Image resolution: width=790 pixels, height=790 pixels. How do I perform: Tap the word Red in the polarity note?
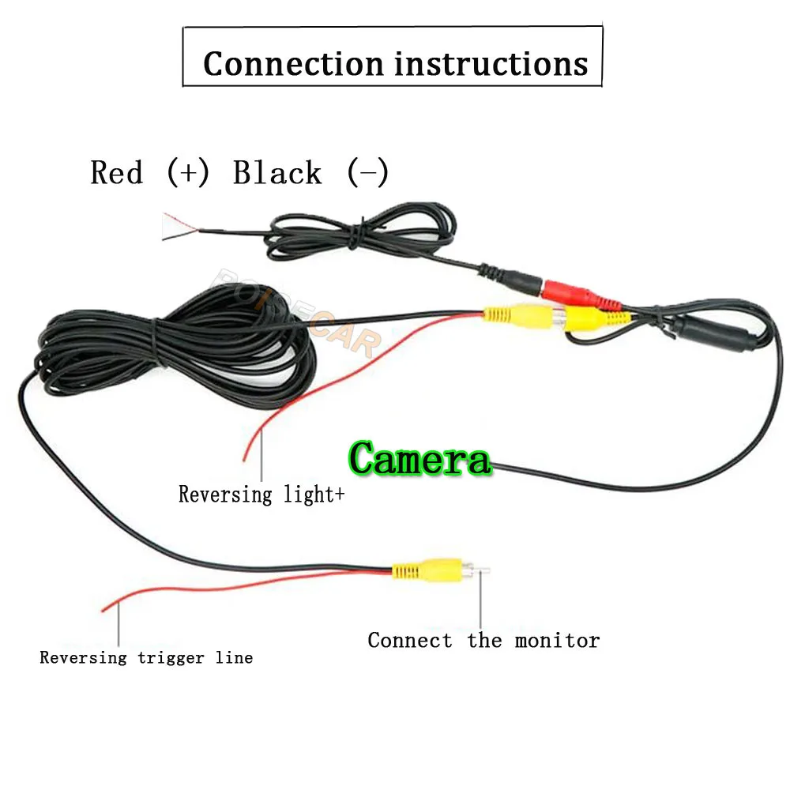[117, 172]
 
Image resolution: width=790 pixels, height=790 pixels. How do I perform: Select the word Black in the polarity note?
[277, 172]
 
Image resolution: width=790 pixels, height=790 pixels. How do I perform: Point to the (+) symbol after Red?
[188, 172]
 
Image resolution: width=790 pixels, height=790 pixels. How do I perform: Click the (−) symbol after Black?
[367, 172]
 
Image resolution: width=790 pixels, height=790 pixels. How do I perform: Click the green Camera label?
[419, 458]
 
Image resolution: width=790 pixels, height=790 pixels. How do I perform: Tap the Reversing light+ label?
[261, 495]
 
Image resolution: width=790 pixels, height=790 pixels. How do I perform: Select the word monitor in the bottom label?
[557, 640]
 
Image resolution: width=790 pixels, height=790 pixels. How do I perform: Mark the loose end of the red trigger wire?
[106, 608]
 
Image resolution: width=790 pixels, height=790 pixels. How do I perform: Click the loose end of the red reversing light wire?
[245, 458]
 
